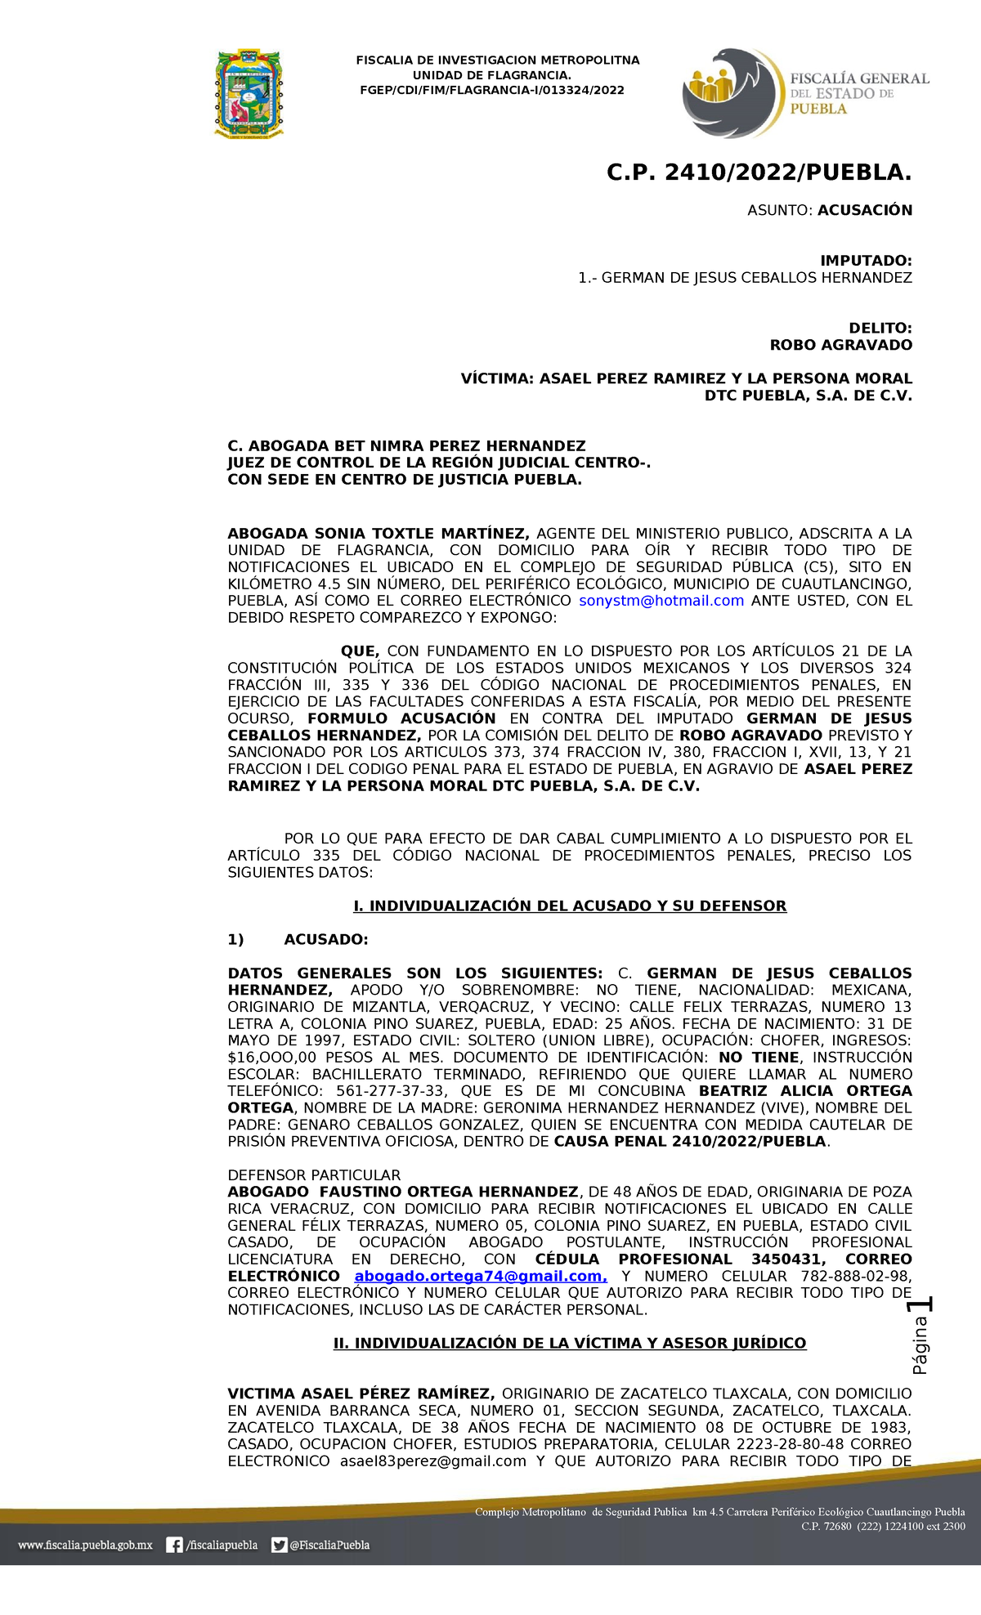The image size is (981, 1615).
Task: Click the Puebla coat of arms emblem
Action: [249, 92]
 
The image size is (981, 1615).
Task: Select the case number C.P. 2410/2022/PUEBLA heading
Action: [759, 172]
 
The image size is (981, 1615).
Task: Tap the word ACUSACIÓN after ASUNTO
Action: [865, 210]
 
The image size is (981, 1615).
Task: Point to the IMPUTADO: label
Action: [866, 261]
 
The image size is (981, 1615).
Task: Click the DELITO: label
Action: [880, 328]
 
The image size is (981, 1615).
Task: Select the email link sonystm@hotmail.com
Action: [661, 601]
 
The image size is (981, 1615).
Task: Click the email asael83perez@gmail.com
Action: [433, 1461]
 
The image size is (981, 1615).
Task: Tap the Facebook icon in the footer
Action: [174, 1545]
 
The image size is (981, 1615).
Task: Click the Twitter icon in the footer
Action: [280, 1545]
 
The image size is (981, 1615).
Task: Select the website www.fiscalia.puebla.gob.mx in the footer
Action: [85, 1545]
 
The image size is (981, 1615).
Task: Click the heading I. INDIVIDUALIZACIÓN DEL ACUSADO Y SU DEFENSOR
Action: [570, 906]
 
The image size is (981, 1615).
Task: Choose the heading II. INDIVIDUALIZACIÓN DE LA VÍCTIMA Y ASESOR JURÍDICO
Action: [570, 1343]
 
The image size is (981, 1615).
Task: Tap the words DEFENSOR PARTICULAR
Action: [314, 1174]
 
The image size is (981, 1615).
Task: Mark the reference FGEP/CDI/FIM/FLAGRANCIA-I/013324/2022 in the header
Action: [492, 90]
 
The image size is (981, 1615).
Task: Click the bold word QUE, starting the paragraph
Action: [360, 651]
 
